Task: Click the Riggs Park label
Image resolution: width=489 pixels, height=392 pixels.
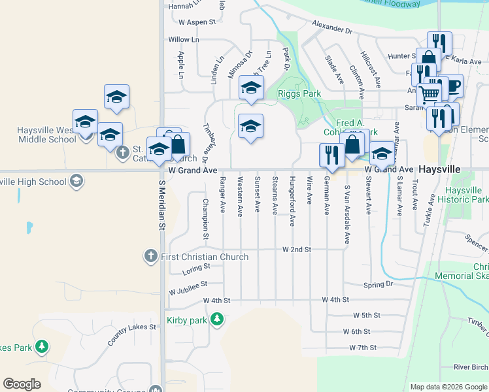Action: (x=299, y=94)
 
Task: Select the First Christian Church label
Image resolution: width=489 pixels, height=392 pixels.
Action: (x=205, y=257)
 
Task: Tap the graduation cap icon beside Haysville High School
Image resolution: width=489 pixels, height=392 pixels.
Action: (x=76, y=180)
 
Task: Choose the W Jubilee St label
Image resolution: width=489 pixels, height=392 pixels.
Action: (x=187, y=285)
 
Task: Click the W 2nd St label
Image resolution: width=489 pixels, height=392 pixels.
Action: (x=296, y=250)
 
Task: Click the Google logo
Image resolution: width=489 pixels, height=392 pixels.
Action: (x=22, y=384)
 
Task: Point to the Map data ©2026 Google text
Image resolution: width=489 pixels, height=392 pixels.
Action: (x=448, y=387)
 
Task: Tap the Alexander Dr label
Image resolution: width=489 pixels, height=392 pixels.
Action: (x=331, y=30)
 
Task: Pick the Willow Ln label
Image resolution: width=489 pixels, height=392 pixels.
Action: (x=183, y=40)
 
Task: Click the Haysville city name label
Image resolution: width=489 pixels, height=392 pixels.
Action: (x=439, y=169)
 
